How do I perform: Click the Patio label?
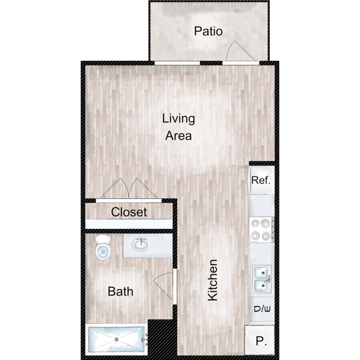[208, 31]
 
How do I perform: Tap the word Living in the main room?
[179, 119]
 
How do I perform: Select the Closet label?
[129, 212]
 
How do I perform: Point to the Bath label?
[120, 291]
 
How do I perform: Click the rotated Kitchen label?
[213, 280]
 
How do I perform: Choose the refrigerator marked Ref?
[262, 180]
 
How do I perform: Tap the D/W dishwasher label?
[262, 309]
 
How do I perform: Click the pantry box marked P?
[260, 340]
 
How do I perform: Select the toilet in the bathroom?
[103, 247]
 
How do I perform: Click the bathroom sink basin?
[141, 244]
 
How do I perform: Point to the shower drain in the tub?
[117, 339]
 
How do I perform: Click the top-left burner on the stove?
[255, 223]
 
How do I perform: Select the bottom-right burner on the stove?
[265, 236]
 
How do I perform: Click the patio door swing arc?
[230, 50]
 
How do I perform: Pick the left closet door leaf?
[114, 189]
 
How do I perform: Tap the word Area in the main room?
[179, 135]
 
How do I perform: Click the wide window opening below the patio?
[177, 63]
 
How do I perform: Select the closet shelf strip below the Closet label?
[129, 224]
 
